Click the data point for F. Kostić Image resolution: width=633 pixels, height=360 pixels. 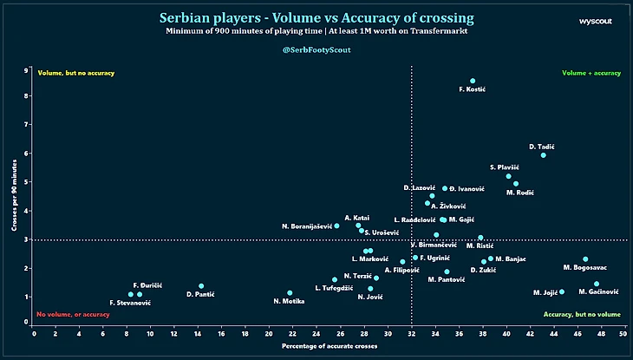(473, 81)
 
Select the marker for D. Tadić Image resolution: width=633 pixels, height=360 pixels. (544, 154)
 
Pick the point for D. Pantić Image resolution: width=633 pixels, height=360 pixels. (201, 285)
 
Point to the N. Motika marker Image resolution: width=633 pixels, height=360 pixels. (290, 293)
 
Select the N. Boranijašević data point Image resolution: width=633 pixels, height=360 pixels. (336, 226)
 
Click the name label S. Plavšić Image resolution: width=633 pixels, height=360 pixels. (504, 167)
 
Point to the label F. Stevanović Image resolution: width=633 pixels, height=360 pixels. (130, 303)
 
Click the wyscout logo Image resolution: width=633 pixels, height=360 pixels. (596, 19)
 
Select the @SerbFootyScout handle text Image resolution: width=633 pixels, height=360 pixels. (316, 50)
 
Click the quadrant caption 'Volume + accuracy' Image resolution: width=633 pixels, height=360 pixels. (591, 73)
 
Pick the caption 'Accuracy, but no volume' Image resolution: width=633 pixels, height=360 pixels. (581, 314)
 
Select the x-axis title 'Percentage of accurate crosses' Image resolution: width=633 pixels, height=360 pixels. (329, 347)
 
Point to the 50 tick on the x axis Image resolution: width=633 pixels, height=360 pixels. (623, 332)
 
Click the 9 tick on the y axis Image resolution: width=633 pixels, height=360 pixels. (27, 69)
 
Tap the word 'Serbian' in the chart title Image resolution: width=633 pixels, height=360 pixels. (189, 17)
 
